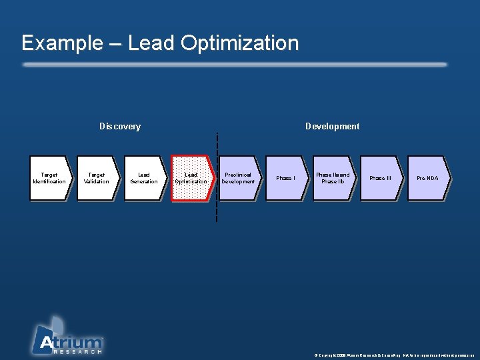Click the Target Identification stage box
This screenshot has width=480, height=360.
pos(49,178)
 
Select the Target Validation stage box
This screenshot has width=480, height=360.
pos(97,178)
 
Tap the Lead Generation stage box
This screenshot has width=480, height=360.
pos(144,178)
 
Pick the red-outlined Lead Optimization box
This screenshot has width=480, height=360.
pos(191,178)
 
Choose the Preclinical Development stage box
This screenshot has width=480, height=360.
pos(238,178)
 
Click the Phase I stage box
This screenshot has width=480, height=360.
pos(286,178)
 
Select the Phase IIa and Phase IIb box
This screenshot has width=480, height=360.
pos(333,178)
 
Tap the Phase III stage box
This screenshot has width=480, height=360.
pos(380,178)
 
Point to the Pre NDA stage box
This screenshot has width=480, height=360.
pos(427,178)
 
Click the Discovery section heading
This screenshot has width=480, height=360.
pos(120,126)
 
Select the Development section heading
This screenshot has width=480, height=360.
pos(332,126)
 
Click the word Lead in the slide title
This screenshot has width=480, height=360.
pos(151,43)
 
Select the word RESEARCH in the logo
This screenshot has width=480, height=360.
pos(78,351)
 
